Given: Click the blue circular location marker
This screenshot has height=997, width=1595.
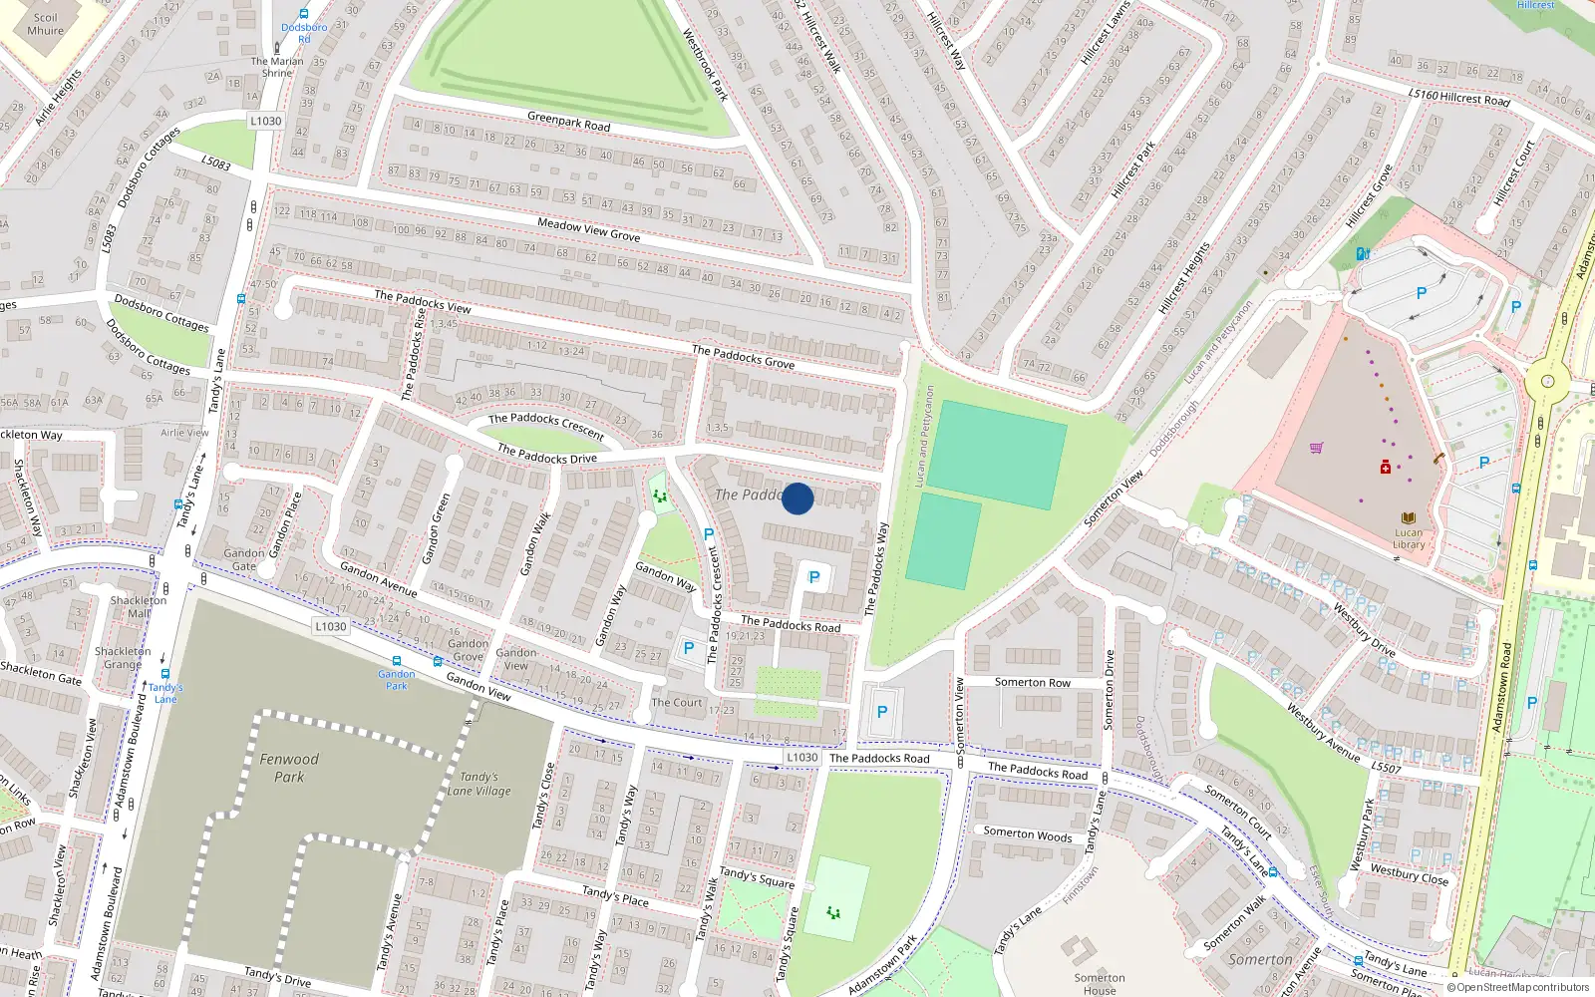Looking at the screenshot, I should coord(797,498).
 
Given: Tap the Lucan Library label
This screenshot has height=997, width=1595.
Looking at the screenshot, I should coord(1408,538).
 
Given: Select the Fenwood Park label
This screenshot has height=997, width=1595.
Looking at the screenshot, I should coord(289,768).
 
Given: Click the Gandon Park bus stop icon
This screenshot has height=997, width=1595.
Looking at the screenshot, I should coord(397,661).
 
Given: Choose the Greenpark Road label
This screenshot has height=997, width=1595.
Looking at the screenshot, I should coord(568,122).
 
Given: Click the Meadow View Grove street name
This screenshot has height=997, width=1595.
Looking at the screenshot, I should coord(588,229).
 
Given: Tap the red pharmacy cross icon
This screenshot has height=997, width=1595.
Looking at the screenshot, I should coord(1385,468).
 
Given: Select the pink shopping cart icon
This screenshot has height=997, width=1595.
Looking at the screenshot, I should coord(1316,448).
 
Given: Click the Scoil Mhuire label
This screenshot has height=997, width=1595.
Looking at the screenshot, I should coord(45,24).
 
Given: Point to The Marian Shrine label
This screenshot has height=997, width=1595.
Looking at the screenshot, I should coord(277,67).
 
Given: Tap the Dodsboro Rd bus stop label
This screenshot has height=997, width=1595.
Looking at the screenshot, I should coord(304,33).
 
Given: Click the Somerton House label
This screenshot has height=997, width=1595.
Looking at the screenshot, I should coord(1100,984).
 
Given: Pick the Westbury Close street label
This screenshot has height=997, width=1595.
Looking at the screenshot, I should coord(1409,873).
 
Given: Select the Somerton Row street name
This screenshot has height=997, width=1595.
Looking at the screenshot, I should coord(1032,682).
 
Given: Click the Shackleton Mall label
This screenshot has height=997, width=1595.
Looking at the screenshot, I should coord(139,606).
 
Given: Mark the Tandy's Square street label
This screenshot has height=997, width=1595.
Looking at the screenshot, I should coord(757,877).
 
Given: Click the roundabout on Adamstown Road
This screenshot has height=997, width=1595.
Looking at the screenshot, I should coord(1547,381).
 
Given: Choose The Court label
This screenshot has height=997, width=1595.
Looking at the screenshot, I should coord(677,702).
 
